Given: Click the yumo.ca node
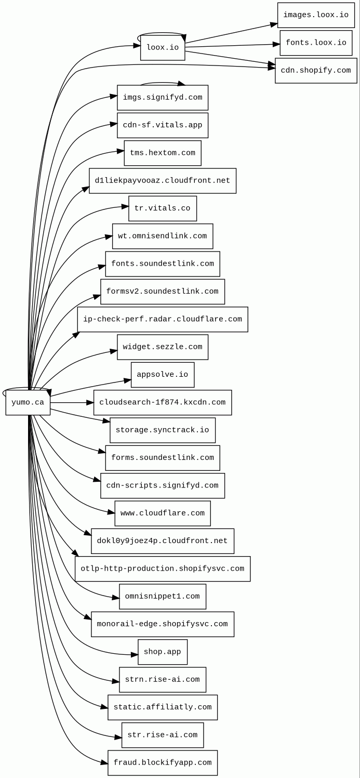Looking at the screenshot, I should [28, 403].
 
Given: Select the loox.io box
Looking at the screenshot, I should [163, 48].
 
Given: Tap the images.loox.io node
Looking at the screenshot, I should [316, 15].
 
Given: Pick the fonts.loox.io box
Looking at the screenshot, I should [316, 43].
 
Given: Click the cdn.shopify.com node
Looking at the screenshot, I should [316, 71].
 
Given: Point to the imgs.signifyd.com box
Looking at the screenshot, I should [163, 98].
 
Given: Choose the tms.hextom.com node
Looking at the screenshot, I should [163, 153].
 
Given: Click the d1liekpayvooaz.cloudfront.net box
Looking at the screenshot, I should [163, 181].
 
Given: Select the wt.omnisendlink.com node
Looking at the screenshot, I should [163, 236].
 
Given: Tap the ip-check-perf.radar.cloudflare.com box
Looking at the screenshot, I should [163, 320].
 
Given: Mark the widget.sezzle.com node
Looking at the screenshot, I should [163, 347].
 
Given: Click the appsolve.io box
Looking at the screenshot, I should [163, 375].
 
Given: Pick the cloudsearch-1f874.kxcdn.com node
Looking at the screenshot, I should [163, 403].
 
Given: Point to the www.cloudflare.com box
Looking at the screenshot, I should [163, 513].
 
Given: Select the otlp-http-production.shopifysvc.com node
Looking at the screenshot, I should [163, 569].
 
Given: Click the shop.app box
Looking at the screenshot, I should [163, 652].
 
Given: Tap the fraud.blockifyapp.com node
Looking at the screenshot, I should [163, 763].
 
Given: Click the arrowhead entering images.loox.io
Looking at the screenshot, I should [274, 24].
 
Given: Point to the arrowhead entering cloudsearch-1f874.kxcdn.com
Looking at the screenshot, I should [90, 403].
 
